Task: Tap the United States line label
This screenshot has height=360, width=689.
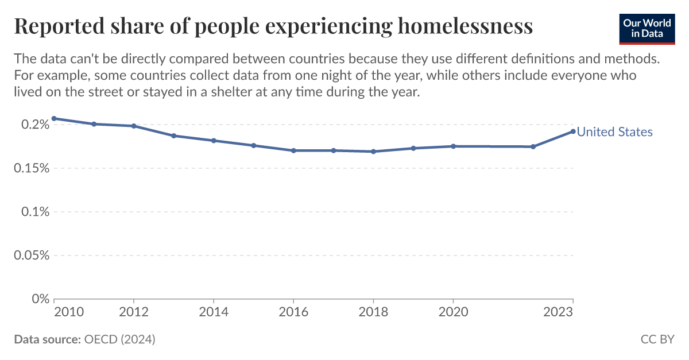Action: (x=614, y=132)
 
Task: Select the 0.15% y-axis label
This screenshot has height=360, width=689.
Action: (x=29, y=168)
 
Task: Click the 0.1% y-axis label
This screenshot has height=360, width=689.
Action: (x=33, y=212)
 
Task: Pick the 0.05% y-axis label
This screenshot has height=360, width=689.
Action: (x=29, y=256)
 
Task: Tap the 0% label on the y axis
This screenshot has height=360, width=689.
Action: (x=38, y=299)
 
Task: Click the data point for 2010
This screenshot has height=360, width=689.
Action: (x=54, y=118)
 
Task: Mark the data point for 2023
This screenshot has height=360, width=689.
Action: (x=573, y=131)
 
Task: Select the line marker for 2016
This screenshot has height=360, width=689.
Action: (x=293, y=150)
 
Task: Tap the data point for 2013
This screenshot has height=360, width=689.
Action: (x=173, y=136)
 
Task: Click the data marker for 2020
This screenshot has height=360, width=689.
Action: (x=453, y=146)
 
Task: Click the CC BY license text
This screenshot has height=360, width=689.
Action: (x=657, y=339)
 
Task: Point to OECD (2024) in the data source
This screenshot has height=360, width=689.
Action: (x=119, y=339)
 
